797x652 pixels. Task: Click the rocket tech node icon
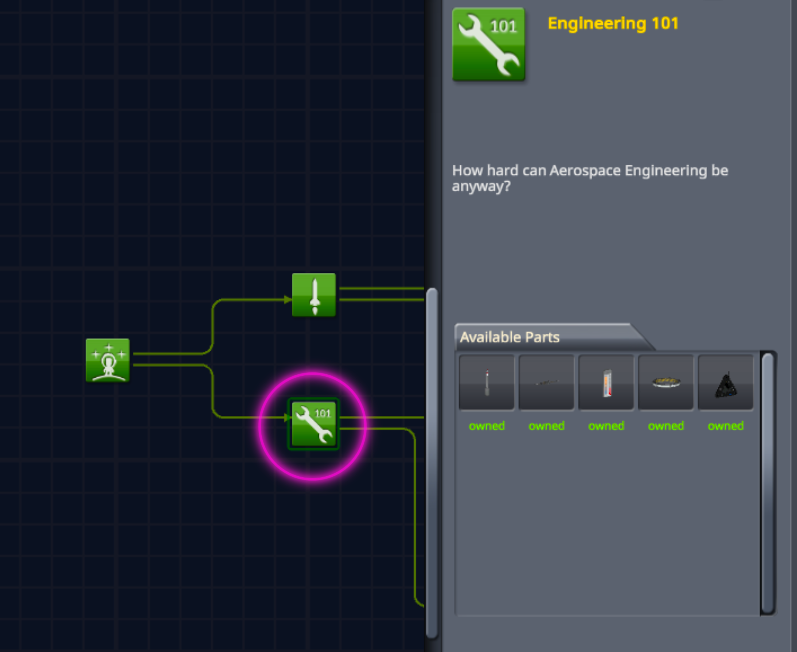pos(313,295)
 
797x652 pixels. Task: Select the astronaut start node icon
pos(107,360)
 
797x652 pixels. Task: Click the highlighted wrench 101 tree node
pos(313,424)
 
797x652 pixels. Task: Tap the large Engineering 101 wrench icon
pos(488,44)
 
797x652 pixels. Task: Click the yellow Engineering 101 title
pos(613,23)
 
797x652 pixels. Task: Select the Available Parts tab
pos(510,337)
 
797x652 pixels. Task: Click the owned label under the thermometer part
pos(606,426)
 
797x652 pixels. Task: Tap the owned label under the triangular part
pos(726,426)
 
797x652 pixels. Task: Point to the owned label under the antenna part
pos(486,426)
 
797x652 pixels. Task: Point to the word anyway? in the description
pos(481,186)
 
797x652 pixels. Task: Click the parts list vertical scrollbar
pos(768,483)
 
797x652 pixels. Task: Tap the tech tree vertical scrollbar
pos(432,464)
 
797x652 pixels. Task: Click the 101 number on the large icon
pos(503,26)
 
